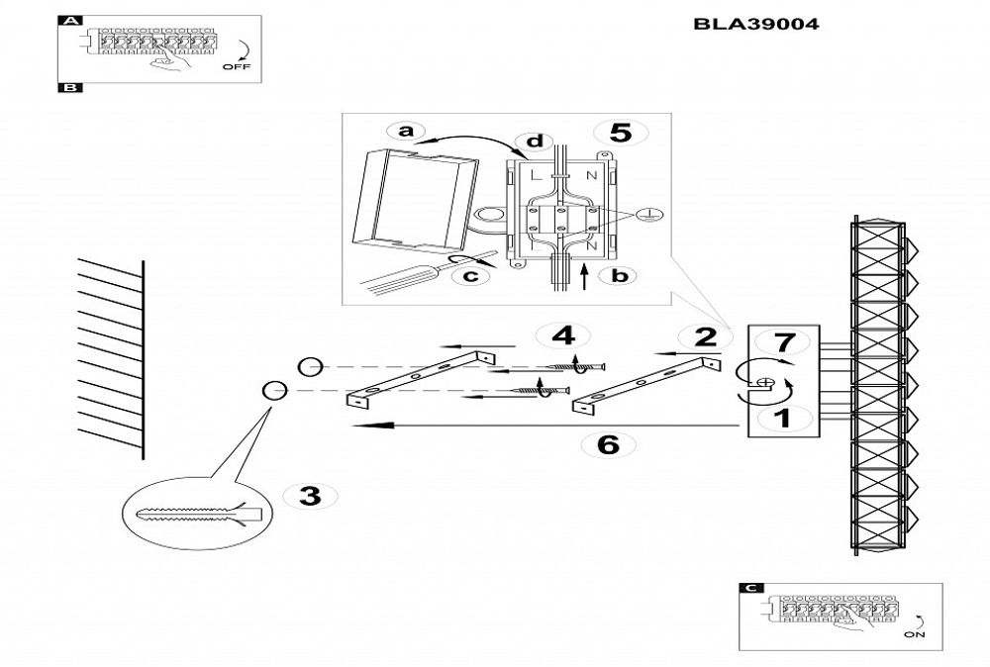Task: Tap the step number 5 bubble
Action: (620, 133)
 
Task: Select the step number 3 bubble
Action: (310, 496)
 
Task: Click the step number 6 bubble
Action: (609, 444)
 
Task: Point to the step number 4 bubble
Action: (562, 336)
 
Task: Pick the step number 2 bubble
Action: (705, 336)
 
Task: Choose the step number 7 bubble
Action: (783, 343)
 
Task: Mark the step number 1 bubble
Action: (781, 419)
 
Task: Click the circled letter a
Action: (404, 132)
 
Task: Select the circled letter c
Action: (471, 276)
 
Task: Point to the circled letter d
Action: (535, 142)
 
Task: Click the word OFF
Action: (238, 67)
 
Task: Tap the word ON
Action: (915, 635)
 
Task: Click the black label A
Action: (70, 20)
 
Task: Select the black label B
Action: (70, 87)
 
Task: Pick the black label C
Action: (751, 588)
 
